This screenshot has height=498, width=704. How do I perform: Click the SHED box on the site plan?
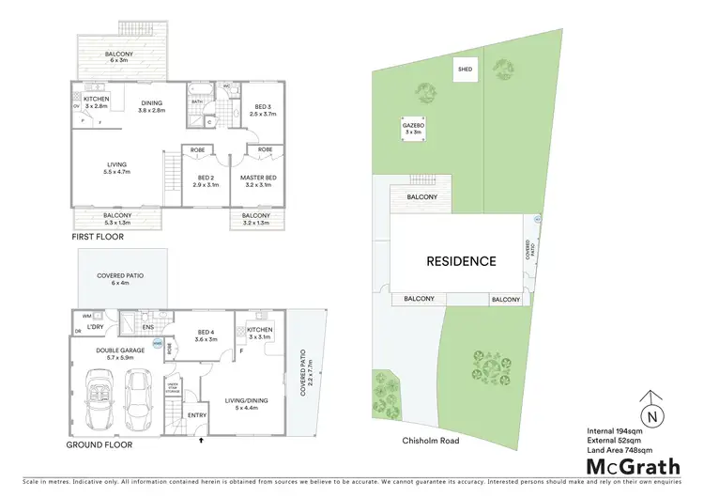[x=465, y=70]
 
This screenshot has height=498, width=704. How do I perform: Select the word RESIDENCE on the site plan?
[x=462, y=261]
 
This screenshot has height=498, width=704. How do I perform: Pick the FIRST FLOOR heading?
[x=98, y=239]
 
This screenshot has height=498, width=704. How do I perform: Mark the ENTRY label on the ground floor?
[x=198, y=415]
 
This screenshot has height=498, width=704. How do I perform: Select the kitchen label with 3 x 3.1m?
[x=259, y=334]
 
